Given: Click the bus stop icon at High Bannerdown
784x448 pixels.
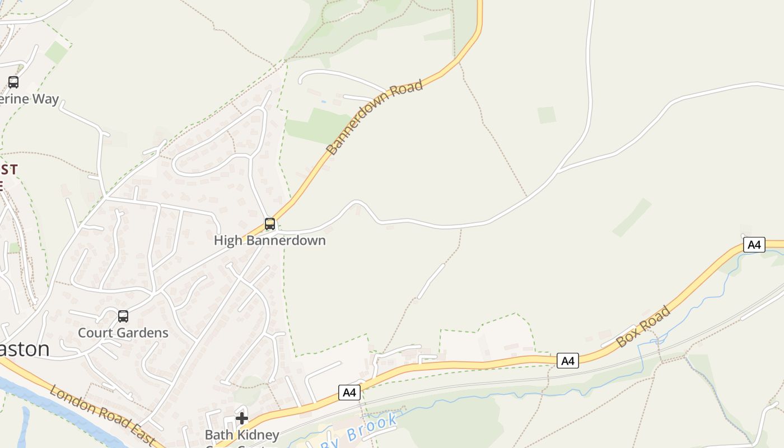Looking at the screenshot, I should click(x=270, y=224).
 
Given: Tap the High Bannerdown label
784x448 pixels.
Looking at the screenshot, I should click(x=270, y=240).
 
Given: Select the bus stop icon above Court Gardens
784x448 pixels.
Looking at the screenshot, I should click(x=123, y=316).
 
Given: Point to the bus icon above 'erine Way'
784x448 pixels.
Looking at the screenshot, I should click(x=13, y=82).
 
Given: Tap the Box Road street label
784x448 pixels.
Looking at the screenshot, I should click(x=643, y=326).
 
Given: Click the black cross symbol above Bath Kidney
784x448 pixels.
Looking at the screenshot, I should click(x=242, y=418).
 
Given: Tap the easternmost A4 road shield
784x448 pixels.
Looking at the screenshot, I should click(x=754, y=245).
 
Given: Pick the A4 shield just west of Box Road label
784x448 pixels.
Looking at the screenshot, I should click(x=568, y=361).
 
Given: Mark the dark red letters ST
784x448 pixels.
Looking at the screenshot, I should click(x=10, y=169).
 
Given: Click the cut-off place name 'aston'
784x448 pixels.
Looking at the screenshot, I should click(x=25, y=349).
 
